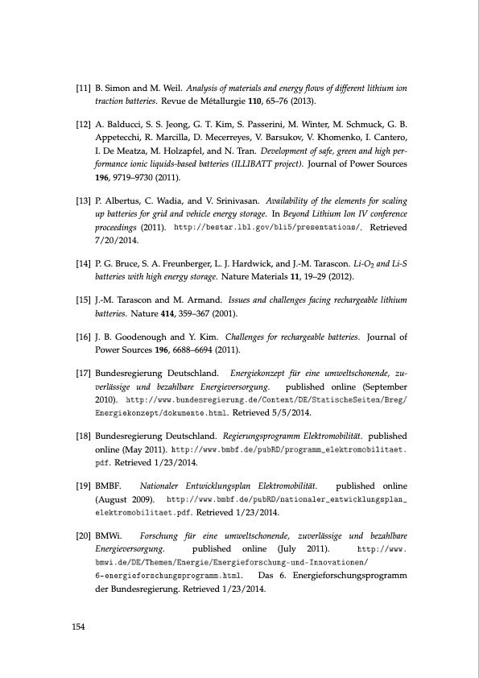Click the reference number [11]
tap(81, 86)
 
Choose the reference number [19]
tap(81, 486)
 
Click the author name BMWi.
tap(108, 535)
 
